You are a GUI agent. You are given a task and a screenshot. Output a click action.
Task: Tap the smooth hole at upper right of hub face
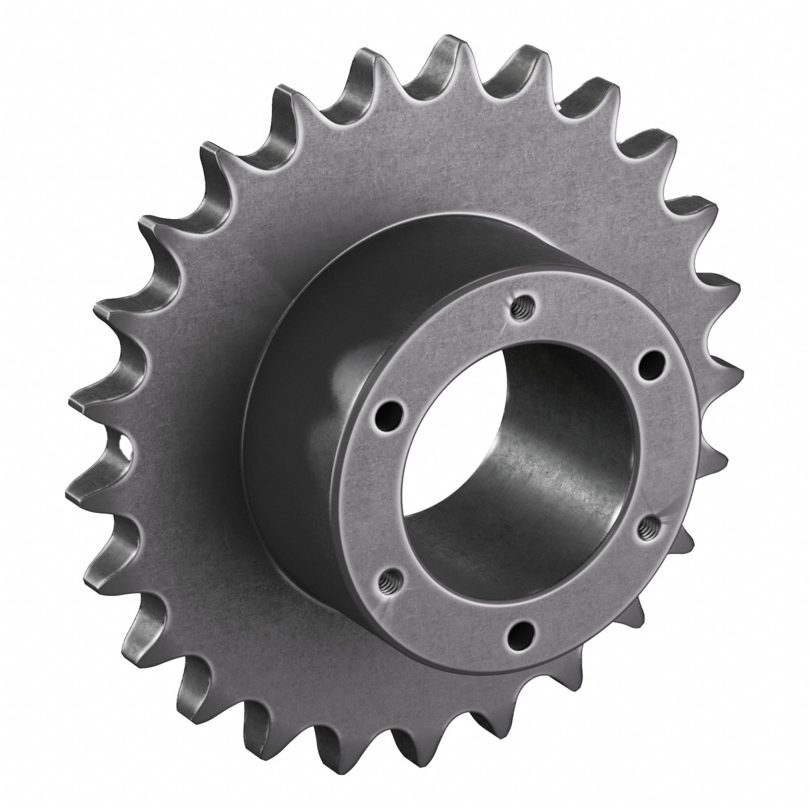650,362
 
